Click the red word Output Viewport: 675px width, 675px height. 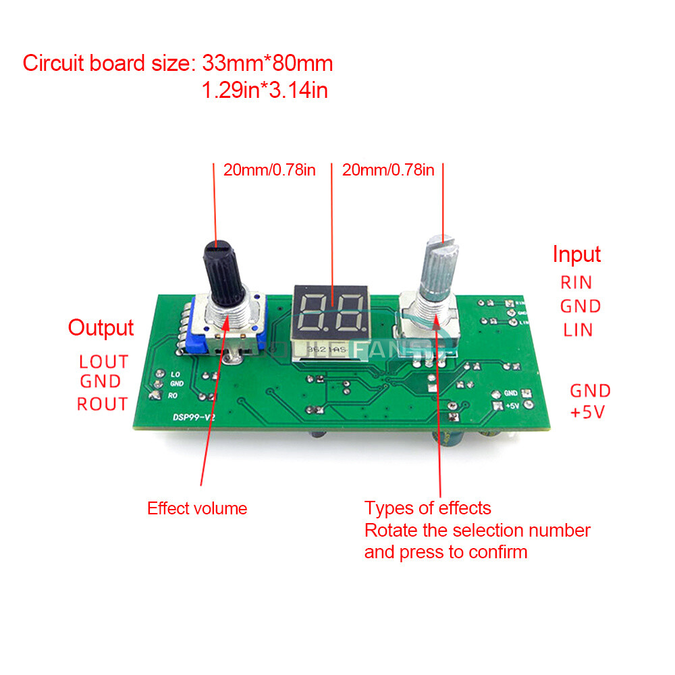(101, 328)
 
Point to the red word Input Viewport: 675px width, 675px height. (576, 254)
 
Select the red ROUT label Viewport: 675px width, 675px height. (102, 404)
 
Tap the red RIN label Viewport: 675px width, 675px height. (576, 282)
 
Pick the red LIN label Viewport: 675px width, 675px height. (577, 330)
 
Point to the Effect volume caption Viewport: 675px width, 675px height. (197, 508)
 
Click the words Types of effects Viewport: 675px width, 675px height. (428, 508)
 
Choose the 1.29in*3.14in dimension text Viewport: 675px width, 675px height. (265, 90)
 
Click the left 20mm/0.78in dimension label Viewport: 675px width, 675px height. (269, 169)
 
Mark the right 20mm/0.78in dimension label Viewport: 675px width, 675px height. (388, 169)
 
